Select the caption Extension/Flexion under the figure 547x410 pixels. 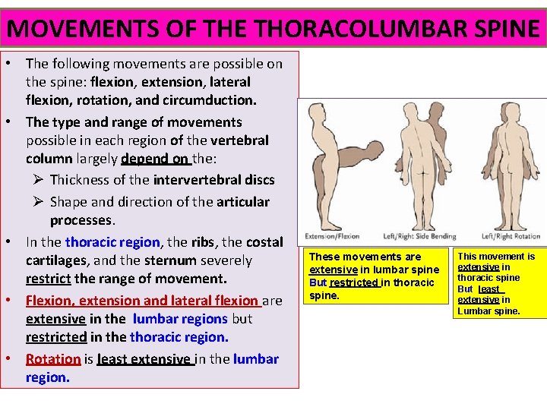331,235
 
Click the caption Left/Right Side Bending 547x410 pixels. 420,235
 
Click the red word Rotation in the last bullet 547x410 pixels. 53,359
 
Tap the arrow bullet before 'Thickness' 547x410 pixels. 38,180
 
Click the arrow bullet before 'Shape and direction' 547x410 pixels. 38,202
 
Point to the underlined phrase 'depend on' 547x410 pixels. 155,159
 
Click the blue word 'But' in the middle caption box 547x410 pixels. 318,282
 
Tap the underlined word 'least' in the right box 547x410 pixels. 489,289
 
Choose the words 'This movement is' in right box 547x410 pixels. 496,257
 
